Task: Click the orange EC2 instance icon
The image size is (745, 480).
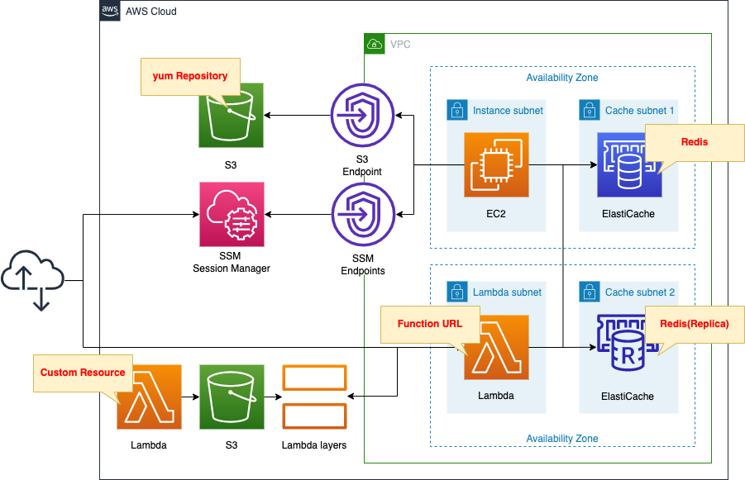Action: click(x=496, y=164)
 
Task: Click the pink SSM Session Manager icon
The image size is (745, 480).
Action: click(x=232, y=215)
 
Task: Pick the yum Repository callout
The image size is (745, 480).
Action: click(x=190, y=76)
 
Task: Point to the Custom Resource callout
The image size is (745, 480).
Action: click(x=83, y=373)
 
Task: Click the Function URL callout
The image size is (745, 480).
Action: click(x=429, y=324)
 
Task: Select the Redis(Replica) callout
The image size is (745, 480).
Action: click(x=694, y=324)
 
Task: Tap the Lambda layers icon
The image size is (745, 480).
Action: click(x=314, y=397)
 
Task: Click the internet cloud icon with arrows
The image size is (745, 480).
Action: click(x=32, y=280)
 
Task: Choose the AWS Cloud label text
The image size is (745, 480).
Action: click(x=150, y=12)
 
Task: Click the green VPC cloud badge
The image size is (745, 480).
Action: click(x=375, y=44)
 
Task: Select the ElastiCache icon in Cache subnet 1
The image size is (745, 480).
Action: click(x=628, y=164)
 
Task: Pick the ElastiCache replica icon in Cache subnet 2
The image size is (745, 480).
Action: click(x=628, y=346)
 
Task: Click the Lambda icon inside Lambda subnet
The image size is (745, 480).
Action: click(x=496, y=346)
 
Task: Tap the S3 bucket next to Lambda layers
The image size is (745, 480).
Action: click(x=232, y=397)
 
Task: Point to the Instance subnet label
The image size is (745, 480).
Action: click(x=508, y=110)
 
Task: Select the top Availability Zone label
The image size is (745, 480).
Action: click(x=562, y=78)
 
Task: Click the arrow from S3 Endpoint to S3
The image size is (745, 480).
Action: click(x=298, y=115)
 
